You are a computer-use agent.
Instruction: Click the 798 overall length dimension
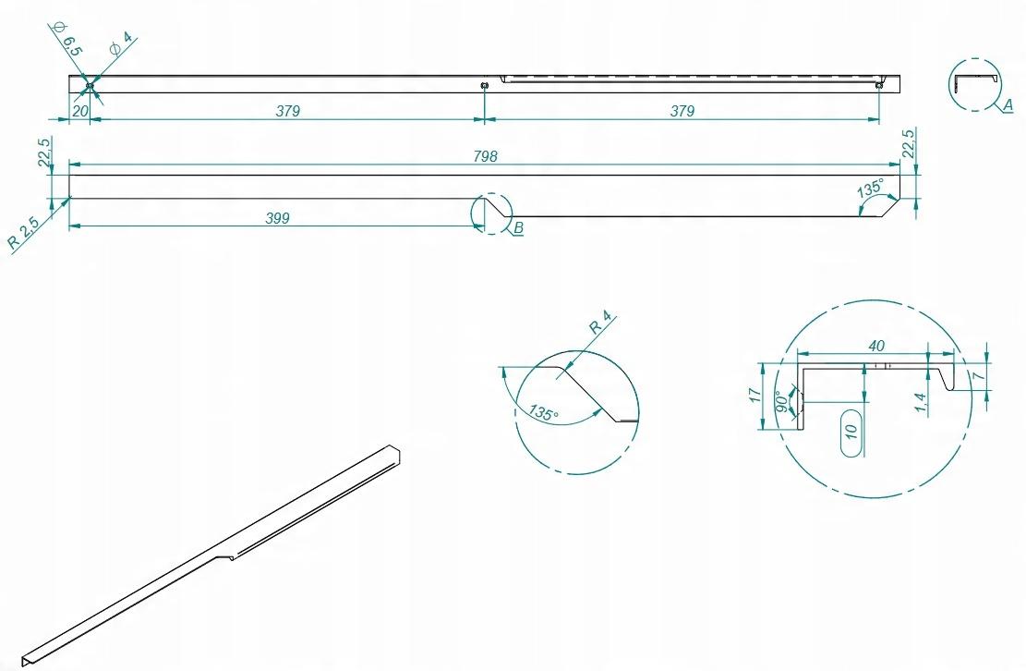click(x=485, y=156)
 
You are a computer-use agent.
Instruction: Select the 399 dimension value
click(x=277, y=218)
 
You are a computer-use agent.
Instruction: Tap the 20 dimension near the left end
click(x=79, y=111)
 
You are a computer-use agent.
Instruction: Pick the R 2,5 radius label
click(x=24, y=232)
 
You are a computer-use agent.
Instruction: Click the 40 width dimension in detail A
click(x=876, y=345)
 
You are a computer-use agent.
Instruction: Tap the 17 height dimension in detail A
click(x=755, y=395)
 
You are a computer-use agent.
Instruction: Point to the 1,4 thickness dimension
click(x=921, y=402)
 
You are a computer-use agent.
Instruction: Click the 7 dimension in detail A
click(x=978, y=376)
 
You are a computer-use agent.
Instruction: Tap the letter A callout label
click(x=1008, y=104)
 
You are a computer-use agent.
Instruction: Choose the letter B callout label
click(x=518, y=227)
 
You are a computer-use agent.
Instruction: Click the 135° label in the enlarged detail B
click(x=545, y=413)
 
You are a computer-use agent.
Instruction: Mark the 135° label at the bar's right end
click(x=870, y=188)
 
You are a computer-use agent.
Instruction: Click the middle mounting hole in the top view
click(x=484, y=85)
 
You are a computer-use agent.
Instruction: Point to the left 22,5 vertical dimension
click(x=44, y=152)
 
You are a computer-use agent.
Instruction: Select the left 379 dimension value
click(x=287, y=111)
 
